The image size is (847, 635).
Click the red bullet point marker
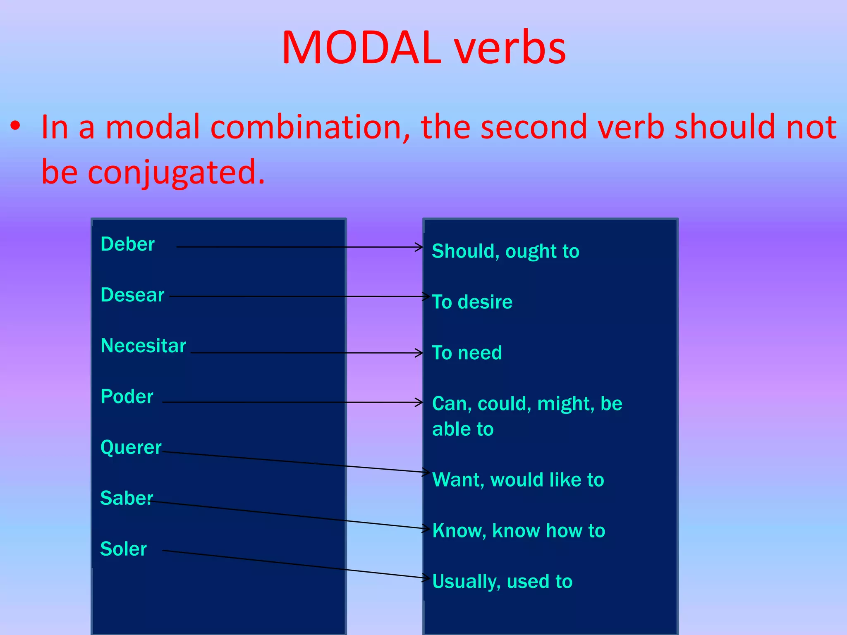tap(15, 126)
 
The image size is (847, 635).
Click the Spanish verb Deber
tap(127, 244)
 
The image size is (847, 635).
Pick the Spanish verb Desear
tap(132, 295)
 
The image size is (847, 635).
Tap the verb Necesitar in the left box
tap(143, 346)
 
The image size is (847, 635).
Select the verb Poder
tap(127, 396)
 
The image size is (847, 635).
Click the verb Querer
tap(131, 447)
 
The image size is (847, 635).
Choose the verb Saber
tap(126, 498)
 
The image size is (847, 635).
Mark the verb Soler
tap(123, 549)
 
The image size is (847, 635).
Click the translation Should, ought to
tap(505, 251)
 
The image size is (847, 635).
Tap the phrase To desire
tap(472, 302)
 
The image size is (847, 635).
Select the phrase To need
tap(467, 353)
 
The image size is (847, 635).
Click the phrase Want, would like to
tap(518, 480)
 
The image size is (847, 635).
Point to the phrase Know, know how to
tap(519, 530)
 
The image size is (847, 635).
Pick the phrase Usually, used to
tap(502, 581)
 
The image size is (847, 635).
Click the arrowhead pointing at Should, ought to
tap(420, 247)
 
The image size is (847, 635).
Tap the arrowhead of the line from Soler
tap(427, 578)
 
